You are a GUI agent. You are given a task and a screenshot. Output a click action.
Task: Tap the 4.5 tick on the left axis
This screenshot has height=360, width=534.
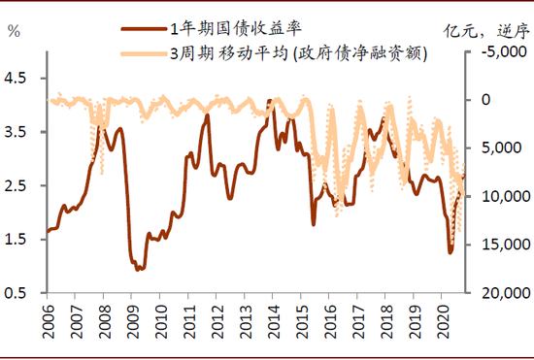pyautogui.click(x=19, y=79)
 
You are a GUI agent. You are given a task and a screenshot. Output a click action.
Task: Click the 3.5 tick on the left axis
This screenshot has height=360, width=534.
pyautogui.click(x=19, y=132)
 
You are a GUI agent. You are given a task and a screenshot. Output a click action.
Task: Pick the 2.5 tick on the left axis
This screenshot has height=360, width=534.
pyautogui.click(x=19, y=186)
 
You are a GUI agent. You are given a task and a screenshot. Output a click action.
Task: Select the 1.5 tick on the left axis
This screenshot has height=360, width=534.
pyautogui.click(x=19, y=240)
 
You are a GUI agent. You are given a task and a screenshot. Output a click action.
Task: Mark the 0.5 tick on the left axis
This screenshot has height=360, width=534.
pyautogui.click(x=19, y=293)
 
